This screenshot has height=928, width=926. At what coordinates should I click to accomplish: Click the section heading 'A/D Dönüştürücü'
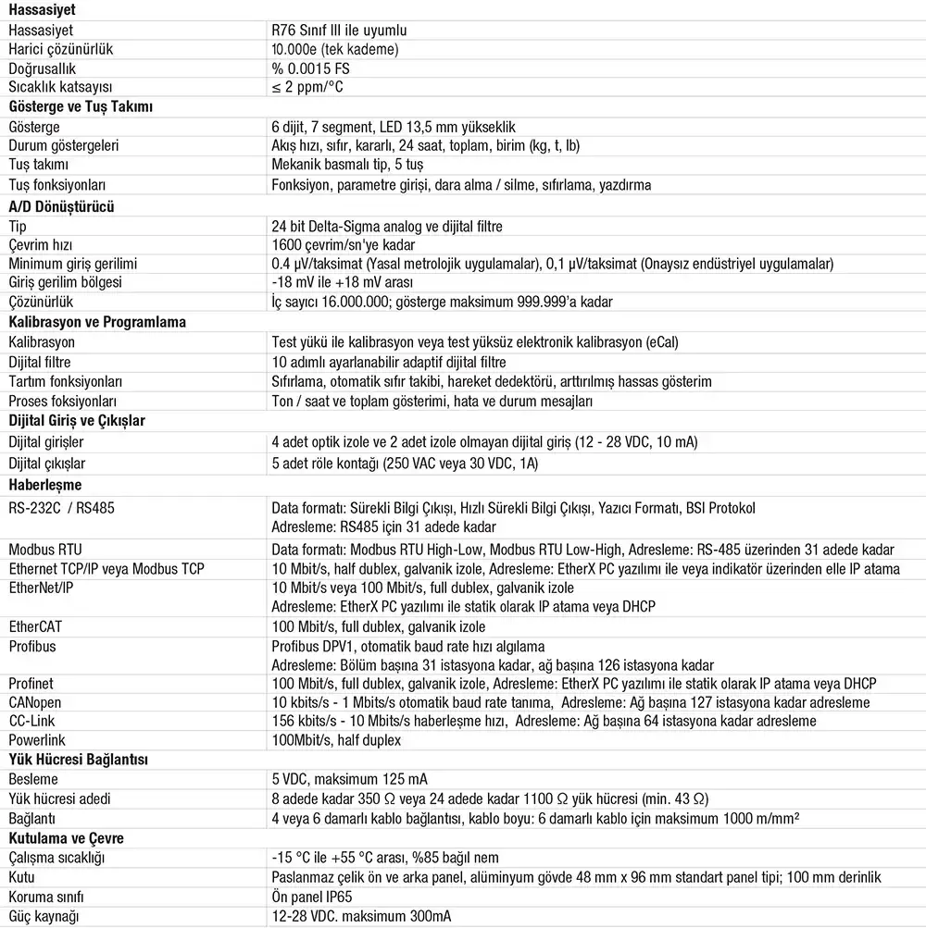(60, 206)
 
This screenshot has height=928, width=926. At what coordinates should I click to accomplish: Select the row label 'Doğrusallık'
(42, 68)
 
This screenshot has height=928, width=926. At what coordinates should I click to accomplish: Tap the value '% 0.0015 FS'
(310, 68)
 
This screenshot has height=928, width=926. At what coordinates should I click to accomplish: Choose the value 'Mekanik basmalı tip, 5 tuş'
(347, 165)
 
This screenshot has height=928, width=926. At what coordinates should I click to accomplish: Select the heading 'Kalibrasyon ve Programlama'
(97, 322)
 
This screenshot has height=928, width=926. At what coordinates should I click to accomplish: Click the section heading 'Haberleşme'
(44, 484)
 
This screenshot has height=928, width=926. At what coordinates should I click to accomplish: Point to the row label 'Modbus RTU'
(45, 550)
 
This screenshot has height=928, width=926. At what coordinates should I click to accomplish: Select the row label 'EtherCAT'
(35, 626)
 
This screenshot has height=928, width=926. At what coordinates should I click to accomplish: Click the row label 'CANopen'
(35, 702)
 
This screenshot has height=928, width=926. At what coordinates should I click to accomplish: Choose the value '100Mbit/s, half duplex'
(336, 740)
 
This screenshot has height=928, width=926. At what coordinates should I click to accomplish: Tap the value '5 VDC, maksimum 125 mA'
(348, 779)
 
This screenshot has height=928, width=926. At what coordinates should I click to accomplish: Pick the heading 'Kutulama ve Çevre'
(66, 838)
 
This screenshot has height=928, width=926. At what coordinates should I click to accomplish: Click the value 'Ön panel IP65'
(311, 897)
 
